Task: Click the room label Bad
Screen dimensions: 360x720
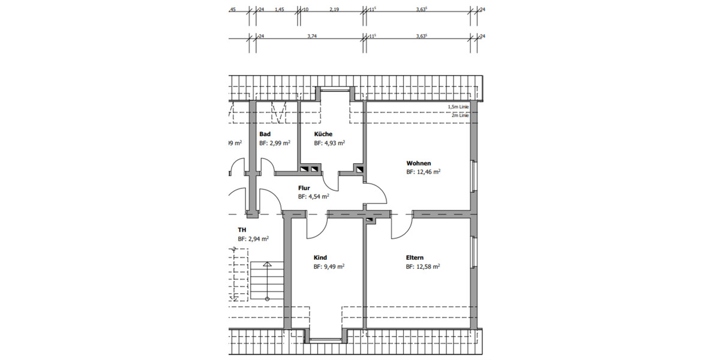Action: click(265, 134)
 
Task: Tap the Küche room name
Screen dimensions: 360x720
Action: click(323, 134)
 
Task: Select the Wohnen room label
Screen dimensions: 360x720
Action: click(419, 163)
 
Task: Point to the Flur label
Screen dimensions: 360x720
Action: click(304, 188)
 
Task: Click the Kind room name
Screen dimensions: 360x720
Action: click(320, 258)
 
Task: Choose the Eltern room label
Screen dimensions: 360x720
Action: click(415, 258)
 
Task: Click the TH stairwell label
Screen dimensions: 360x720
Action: click(242, 230)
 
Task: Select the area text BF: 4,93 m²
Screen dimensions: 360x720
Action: click(329, 144)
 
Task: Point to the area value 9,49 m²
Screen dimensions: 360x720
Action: click(334, 267)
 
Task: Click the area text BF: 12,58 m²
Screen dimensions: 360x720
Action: click(423, 267)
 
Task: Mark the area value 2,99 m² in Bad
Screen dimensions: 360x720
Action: click(280, 144)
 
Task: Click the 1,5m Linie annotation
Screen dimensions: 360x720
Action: click(458, 107)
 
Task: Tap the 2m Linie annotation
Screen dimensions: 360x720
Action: click(460, 115)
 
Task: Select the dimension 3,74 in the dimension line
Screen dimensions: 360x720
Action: click(311, 36)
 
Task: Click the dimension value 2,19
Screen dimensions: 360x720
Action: click(334, 10)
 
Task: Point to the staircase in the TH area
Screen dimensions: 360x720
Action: click(262, 282)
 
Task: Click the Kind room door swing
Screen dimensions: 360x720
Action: click(316, 226)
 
